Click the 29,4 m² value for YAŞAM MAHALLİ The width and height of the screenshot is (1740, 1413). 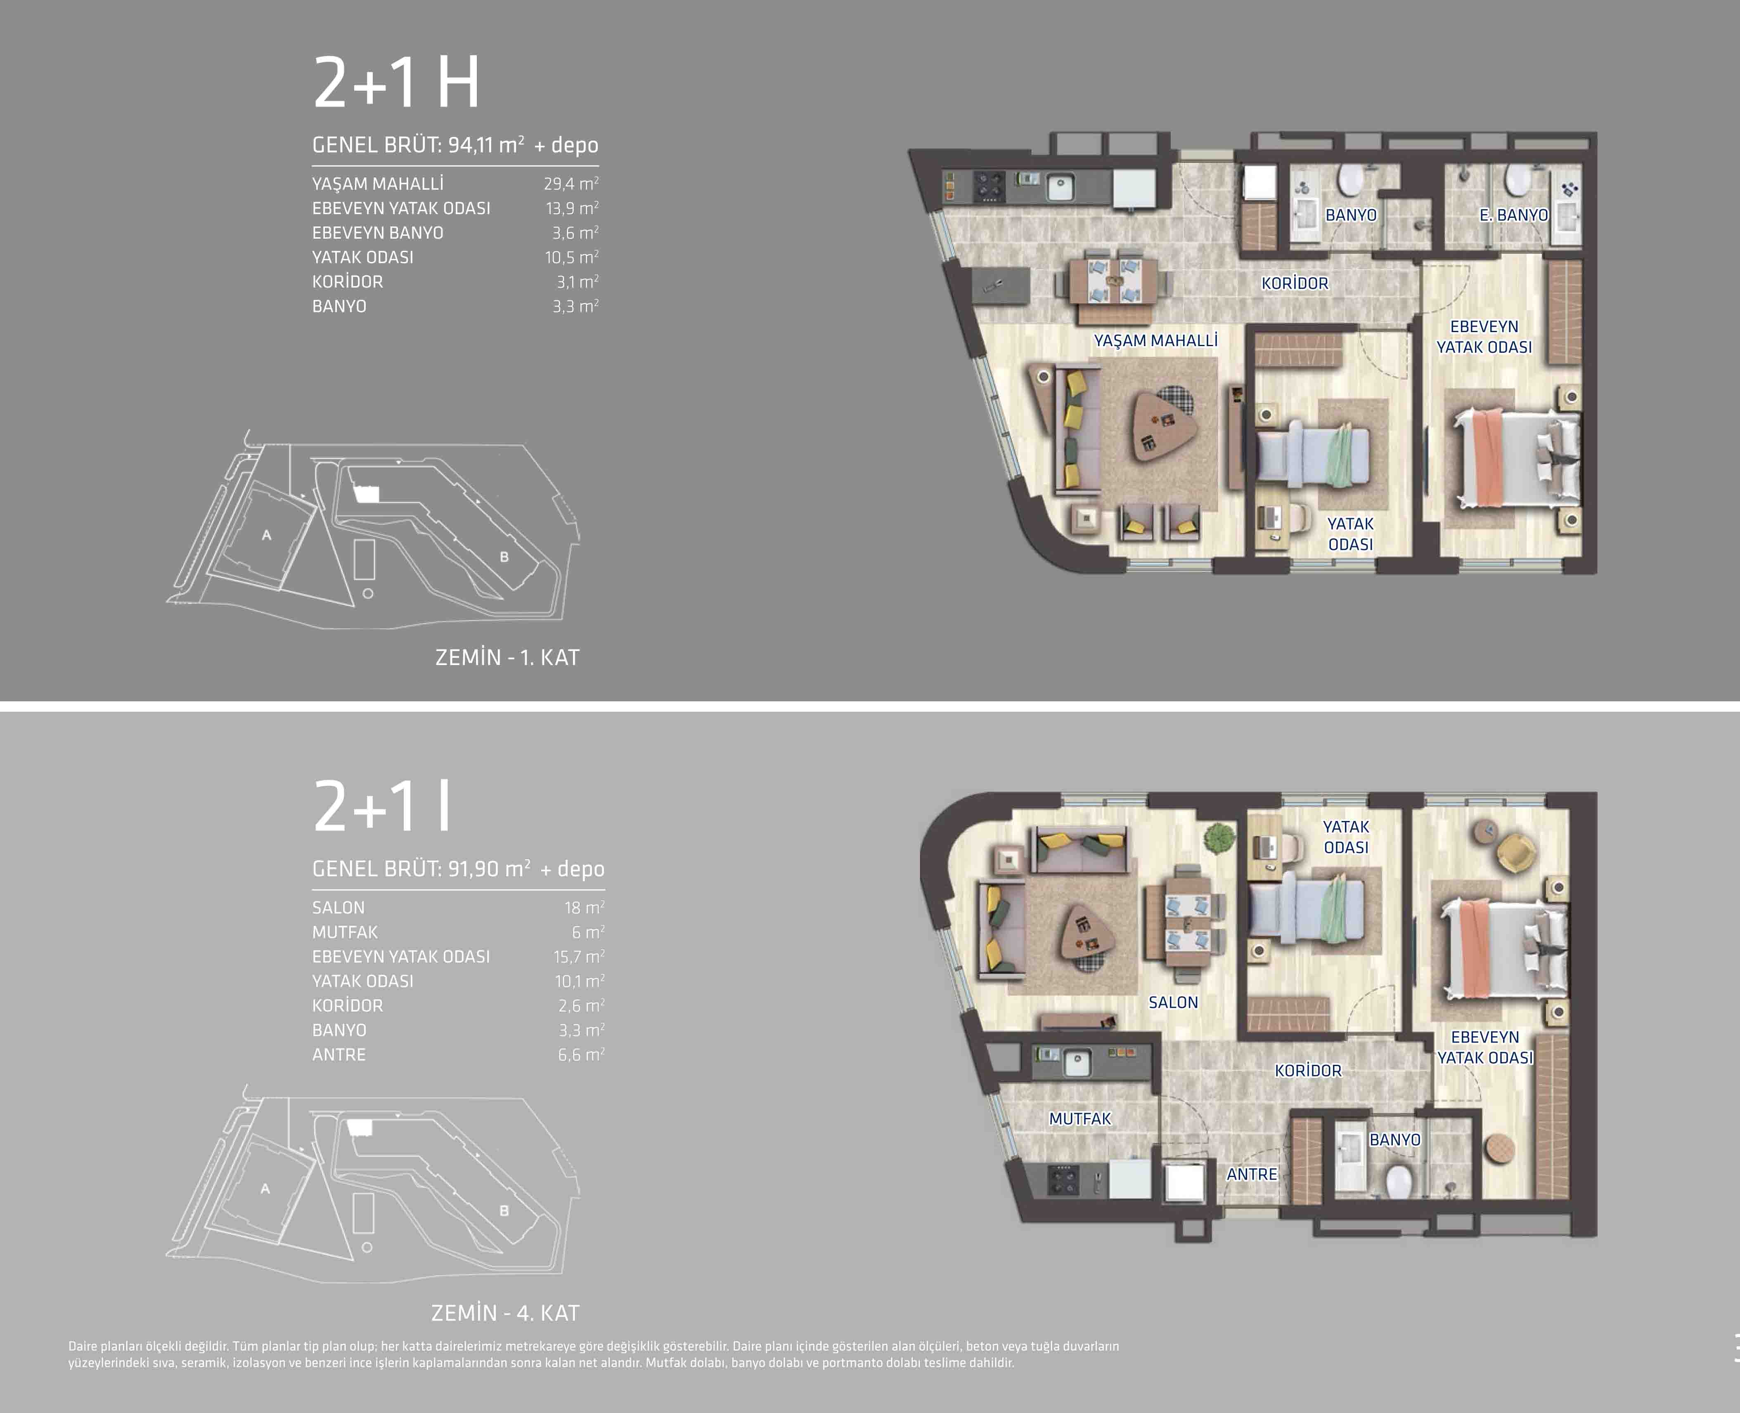tap(571, 184)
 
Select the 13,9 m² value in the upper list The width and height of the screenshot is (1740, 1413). tap(572, 208)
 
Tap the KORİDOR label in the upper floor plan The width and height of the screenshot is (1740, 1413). tap(1295, 283)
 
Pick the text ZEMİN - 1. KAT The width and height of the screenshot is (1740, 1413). tap(507, 658)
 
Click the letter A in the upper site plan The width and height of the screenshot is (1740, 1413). tap(266, 535)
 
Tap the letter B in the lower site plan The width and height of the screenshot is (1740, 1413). tap(504, 1211)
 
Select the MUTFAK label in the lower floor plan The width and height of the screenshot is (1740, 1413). tap(1080, 1119)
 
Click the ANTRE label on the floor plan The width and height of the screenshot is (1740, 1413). tap(1252, 1175)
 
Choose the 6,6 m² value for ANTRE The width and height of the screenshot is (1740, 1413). tap(580, 1055)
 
